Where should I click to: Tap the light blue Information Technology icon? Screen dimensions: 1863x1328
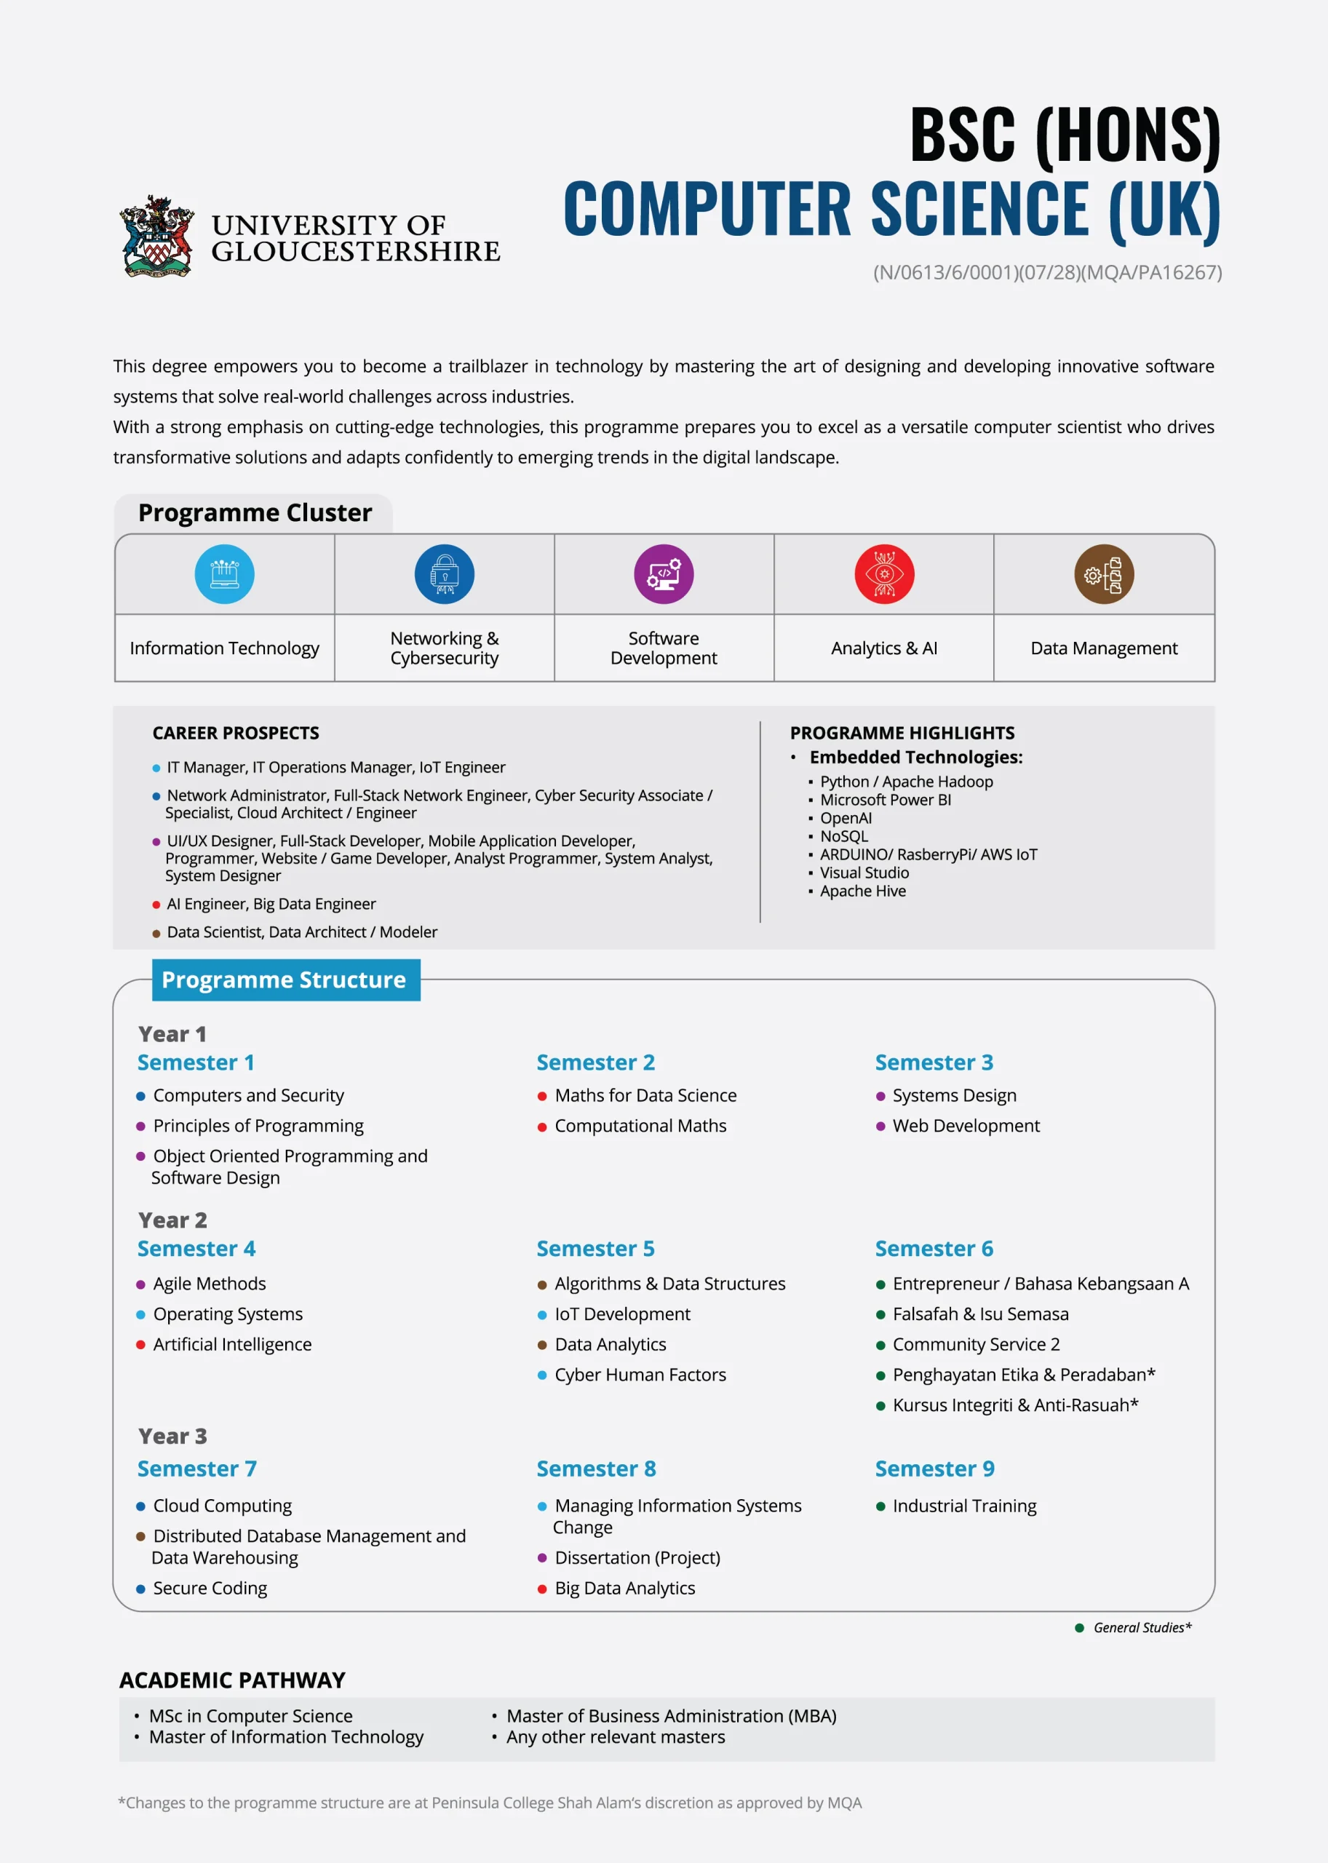pos(224,574)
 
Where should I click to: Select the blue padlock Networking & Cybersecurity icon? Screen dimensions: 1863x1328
pos(444,574)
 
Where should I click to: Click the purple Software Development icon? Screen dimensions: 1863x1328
pos(663,574)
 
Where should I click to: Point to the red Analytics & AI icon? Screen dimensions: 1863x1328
pos(884,574)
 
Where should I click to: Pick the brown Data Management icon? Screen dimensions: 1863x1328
pos(1104,574)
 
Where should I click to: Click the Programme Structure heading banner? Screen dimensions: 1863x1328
pos(285,980)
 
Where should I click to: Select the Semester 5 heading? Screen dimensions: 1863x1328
pos(595,1249)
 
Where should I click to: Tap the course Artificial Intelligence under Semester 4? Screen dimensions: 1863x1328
pos(232,1345)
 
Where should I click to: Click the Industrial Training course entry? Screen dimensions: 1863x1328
pos(964,1506)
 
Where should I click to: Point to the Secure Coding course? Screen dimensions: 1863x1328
pos(210,1588)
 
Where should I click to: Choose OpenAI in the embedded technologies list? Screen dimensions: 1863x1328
pos(846,818)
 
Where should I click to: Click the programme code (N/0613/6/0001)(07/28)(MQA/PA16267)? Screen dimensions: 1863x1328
pos(1046,272)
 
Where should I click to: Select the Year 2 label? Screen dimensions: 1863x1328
pos(172,1220)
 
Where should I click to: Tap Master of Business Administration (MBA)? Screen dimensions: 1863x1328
pos(670,1716)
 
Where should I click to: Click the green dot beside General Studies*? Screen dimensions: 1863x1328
pos(1079,1628)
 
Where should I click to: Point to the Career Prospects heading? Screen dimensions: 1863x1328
pos(236,733)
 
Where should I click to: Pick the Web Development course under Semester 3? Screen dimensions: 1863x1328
pos(966,1126)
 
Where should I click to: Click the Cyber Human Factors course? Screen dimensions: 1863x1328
pos(640,1375)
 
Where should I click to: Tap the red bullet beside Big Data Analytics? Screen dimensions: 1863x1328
pos(542,1589)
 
